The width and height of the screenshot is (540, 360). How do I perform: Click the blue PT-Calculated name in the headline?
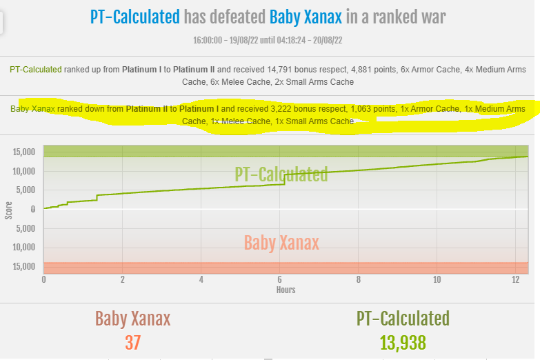(135, 17)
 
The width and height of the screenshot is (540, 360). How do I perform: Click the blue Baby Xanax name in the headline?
(306, 17)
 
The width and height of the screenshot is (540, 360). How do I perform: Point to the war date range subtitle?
(268, 40)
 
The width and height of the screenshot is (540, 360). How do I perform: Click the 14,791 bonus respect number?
(279, 70)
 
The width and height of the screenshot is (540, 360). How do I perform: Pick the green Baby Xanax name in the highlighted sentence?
(32, 109)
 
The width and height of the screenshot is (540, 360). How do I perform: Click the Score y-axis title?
(8, 210)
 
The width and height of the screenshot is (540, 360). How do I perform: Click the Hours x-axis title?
(286, 290)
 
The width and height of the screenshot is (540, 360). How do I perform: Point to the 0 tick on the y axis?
(33, 209)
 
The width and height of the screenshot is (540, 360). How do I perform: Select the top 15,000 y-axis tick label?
(23, 152)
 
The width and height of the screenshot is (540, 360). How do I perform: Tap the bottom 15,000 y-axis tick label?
(23, 266)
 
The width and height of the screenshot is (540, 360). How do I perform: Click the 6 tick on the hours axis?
(279, 279)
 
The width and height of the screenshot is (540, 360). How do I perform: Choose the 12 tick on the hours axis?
(515, 279)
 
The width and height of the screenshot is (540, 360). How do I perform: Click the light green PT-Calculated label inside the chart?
(281, 174)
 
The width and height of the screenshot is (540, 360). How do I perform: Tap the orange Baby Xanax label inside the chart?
(281, 243)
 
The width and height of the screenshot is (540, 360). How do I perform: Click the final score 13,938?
(403, 343)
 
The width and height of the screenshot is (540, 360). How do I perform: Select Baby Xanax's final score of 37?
(132, 343)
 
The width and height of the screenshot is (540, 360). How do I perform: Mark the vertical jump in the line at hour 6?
(284, 179)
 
